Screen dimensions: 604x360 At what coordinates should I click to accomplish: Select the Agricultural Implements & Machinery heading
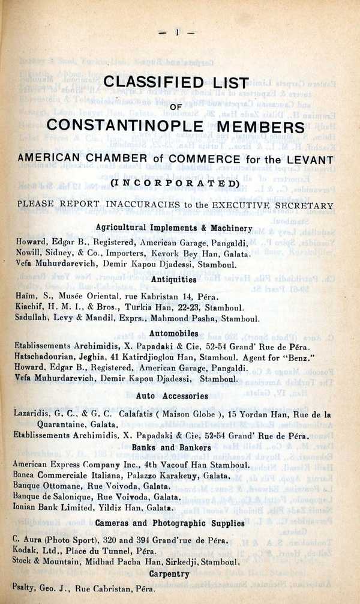tap(174, 228)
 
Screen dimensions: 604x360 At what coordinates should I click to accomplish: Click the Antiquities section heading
tap(174, 279)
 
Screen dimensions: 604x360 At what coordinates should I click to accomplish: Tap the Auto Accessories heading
tap(172, 396)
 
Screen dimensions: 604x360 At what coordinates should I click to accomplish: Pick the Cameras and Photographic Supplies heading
tap(170, 523)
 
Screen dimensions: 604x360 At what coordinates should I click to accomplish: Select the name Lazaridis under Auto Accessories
tap(32, 414)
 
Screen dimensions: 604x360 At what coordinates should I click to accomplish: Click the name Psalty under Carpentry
tap(24, 589)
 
